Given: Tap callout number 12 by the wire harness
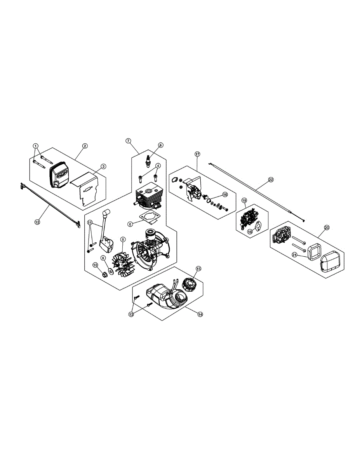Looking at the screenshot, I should click(x=37, y=222).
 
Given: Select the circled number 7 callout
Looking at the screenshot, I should click(x=129, y=141).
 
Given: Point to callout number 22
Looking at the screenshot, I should click(x=271, y=179).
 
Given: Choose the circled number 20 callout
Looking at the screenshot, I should click(x=326, y=228).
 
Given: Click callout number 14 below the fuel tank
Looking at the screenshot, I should click(x=200, y=315).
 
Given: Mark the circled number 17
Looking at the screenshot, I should click(x=197, y=154).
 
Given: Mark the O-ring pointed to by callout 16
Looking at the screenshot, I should click(x=210, y=201).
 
